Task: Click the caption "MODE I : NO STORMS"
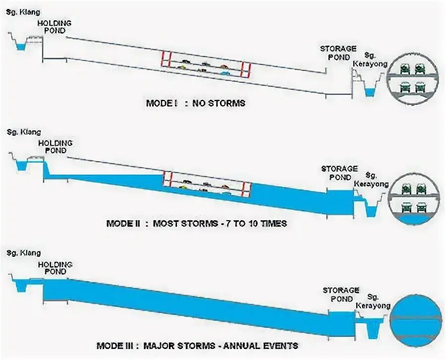tap(195, 104)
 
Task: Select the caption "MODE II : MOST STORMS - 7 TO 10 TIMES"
tap(196, 223)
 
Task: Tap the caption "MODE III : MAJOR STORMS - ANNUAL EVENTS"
tap(197, 345)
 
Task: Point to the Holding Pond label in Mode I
tap(55, 27)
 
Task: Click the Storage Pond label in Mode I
tap(338, 53)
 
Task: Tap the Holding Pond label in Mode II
tap(55, 147)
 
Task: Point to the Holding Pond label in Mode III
tap(55, 268)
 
